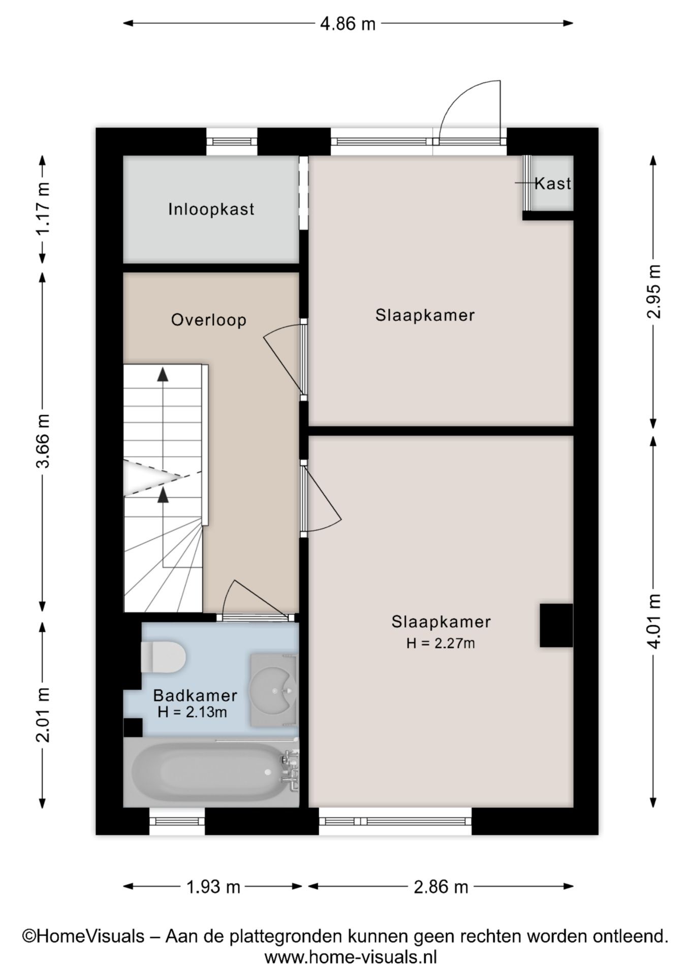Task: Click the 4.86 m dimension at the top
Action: [348, 23]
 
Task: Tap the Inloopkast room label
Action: [211, 209]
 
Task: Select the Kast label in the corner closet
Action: [552, 184]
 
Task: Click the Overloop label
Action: [209, 320]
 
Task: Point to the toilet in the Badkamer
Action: [163, 657]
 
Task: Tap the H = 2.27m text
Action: [441, 644]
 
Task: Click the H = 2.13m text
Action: [192, 712]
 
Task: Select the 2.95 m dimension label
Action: [654, 291]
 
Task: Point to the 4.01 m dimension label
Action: [654, 621]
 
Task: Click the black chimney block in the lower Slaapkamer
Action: [556, 625]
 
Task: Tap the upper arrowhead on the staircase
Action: [163, 375]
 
